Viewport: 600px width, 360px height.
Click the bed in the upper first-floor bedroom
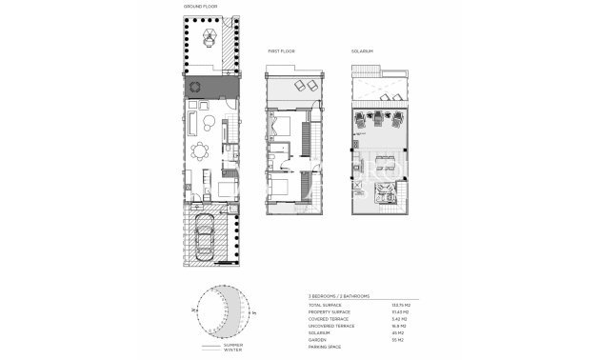point(284,126)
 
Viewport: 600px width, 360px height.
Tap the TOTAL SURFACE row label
point(324,304)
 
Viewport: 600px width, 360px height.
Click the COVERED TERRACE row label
point(327,318)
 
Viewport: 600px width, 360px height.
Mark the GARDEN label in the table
point(316,339)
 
